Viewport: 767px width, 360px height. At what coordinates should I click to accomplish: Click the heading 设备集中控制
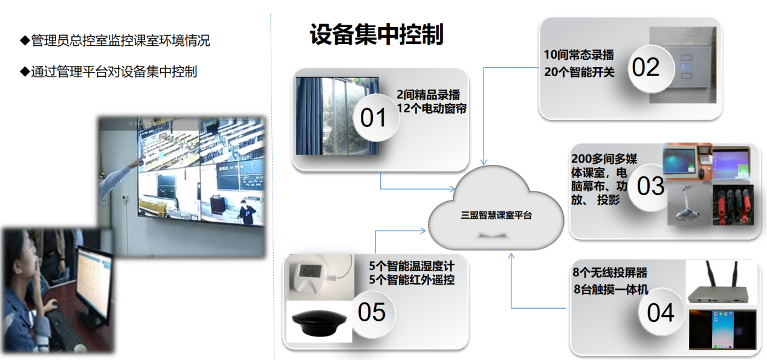pyautogui.click(x=377, y=34)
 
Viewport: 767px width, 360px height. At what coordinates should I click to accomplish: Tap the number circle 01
pyautogui.click(x=376, y=118)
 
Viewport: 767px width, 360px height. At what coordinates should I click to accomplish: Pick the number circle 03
pyautogui.click(x=650, y=187)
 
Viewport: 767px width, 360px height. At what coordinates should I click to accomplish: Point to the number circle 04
pyautogui.click(x=661, y=313)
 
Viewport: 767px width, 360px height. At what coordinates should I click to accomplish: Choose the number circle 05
pyautogui.click(x=372, y=312)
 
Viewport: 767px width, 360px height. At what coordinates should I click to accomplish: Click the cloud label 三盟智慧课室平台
pyautogui.click(x=496, y=215)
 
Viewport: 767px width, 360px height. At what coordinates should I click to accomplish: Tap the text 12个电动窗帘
pyautogui.click(x=432, y=109)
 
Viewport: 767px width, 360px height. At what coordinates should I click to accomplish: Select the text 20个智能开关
pyautogui.click(x=579, y=72)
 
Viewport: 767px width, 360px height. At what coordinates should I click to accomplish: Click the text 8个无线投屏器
pyautogui.click(x=610, y=272)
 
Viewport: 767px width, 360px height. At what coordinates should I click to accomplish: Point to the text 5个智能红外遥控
pyautogui.click(x=412, y=280)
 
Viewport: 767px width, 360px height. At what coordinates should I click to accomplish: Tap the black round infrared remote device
pyautogui.click(x=319, y=323)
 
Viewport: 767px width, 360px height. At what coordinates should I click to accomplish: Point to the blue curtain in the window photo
pyautogui.click(x=308, y=115)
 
